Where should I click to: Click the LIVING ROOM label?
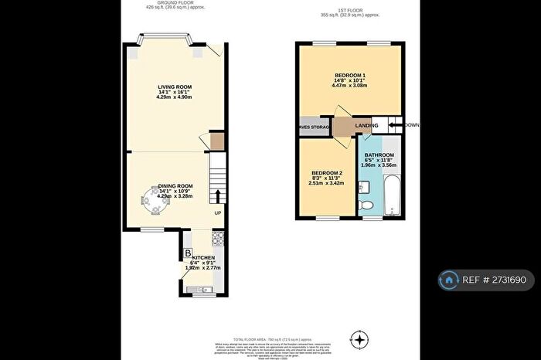174,87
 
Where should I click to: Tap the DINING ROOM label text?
175,186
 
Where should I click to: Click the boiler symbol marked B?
188,253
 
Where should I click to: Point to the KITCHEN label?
203,257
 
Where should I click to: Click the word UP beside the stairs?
218,213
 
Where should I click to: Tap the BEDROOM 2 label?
327,173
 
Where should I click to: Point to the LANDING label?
366,125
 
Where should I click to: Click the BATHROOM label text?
379,155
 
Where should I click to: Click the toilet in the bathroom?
369,204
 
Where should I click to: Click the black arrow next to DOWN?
394,125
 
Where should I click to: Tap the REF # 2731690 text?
495,279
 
